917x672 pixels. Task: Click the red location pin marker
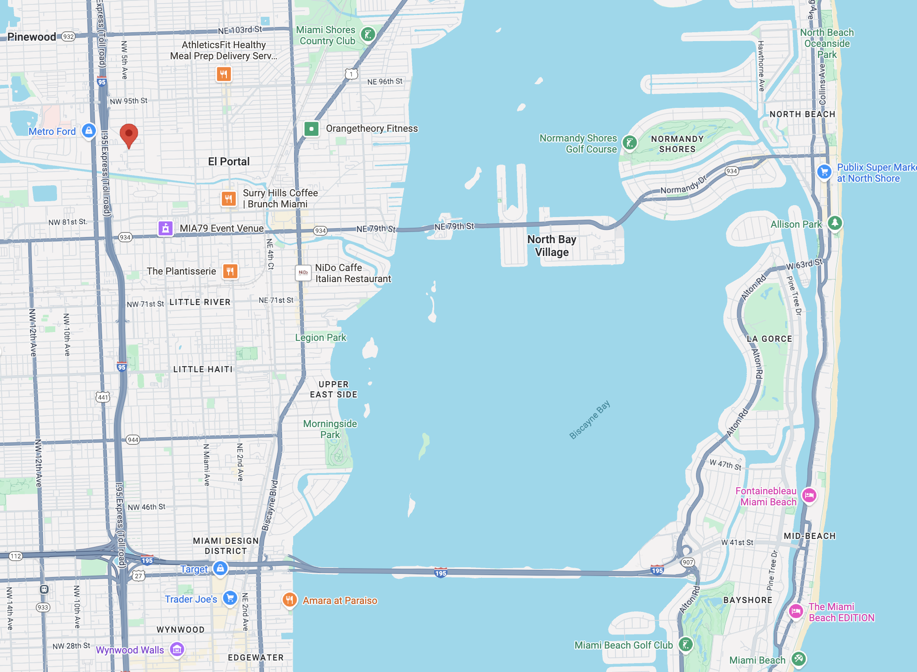coord(129,134)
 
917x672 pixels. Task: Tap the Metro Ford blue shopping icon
coord(89,131)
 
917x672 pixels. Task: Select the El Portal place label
coord(229,162)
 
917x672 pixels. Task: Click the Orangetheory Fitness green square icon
coord(312,129)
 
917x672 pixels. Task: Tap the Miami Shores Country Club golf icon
coord(368,34)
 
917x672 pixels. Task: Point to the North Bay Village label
coord(551,246)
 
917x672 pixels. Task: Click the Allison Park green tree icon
coord(835,223)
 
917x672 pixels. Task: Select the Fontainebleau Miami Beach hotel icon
coord(809,495)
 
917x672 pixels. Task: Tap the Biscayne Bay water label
coord(589,420)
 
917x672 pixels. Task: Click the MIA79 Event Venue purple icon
coord(165,228)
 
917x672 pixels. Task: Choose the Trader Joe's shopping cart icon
coord(230,598)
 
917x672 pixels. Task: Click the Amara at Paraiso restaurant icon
coord(289,600)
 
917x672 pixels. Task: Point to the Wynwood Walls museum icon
coord(177,649)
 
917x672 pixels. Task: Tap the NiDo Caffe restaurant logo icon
coord(303,273)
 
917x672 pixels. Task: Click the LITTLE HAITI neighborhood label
coord(203,369)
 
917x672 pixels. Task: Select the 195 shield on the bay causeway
coord(440,573)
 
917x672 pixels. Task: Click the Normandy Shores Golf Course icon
coord(630,143)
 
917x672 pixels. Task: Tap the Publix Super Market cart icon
coord(824,172)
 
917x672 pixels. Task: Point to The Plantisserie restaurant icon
coord(230,271)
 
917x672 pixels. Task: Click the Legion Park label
coord(321,337)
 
